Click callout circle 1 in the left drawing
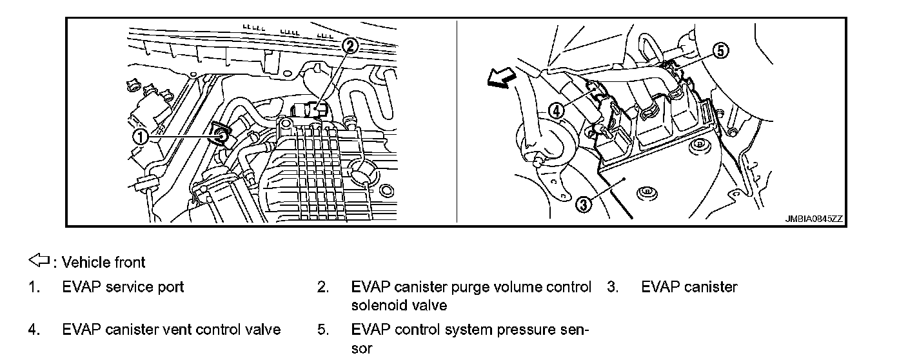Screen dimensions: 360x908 coord(139,136)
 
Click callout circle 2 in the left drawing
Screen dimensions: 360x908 coord(350,46)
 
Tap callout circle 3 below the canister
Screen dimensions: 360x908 coord(582,205)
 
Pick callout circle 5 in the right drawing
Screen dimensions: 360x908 coord(721,51)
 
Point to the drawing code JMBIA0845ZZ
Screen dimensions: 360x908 coord(813,219)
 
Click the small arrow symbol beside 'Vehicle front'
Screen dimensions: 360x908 coord(39,261)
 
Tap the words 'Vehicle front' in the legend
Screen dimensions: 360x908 coord(103,262)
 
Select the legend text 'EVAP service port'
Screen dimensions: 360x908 coord(123,287)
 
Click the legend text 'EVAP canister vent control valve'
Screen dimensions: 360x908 coord(171,330)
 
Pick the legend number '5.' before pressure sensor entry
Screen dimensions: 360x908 coord(323,330)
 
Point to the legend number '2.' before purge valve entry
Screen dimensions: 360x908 coord(323,287)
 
